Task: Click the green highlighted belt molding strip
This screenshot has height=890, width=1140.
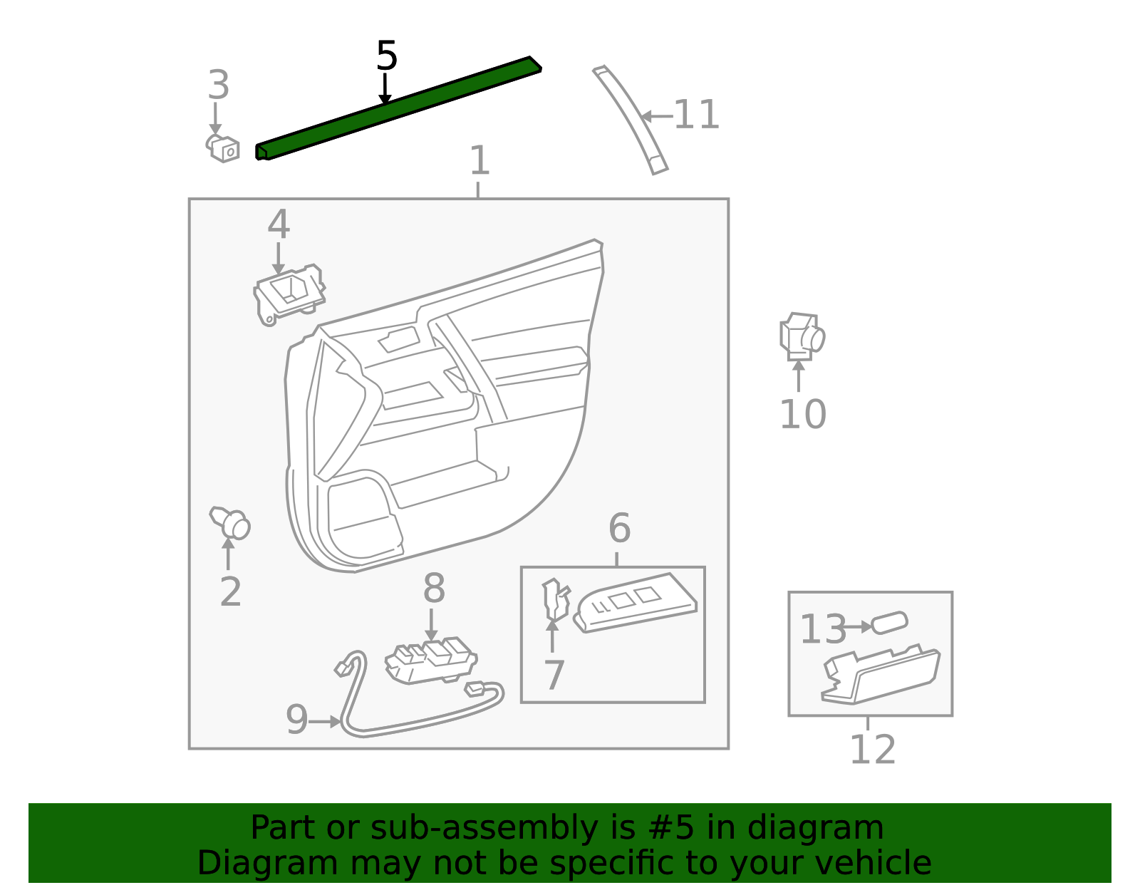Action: pos(399,108)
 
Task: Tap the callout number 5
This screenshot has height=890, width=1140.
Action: pos(387,56)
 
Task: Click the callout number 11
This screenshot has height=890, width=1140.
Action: pos(696,115)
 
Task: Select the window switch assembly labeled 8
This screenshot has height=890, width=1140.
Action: pos(431,661)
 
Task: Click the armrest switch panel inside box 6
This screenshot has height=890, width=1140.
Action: pos(636,603)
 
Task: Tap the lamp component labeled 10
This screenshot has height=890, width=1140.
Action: pos(802,337)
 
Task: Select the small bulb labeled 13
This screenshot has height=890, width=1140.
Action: pos(889,623)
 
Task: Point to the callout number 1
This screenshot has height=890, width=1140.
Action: pos(480,160)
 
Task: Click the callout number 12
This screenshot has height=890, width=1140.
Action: pos(872,750)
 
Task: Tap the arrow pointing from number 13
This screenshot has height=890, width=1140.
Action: pos(856,627)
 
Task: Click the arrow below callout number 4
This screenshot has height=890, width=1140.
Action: pos(278,259)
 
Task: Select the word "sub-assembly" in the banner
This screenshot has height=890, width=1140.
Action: pos(484,828)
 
